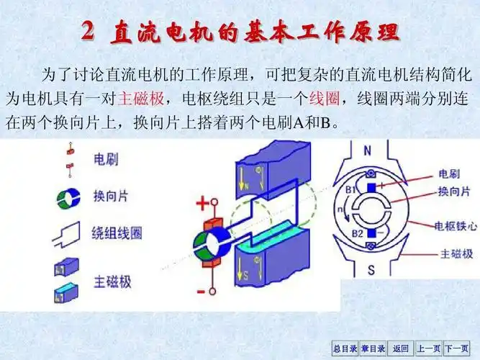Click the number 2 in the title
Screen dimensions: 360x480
coord(87,31)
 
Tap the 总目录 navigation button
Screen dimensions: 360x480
coord(345,348)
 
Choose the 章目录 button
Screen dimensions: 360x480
coord(373,348)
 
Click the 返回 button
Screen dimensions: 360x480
coord(401,348)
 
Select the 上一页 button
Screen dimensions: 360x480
coord(429,348)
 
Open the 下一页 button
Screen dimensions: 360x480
coord(457,348)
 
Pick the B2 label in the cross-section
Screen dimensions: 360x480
coord(357,232)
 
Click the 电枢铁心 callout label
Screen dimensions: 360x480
coord(457,225)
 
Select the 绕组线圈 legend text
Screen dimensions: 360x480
coord(117,233)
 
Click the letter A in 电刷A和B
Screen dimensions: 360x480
coord(299,123)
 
